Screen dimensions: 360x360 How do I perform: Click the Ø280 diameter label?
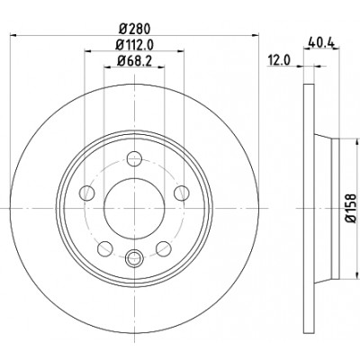click(134, 29)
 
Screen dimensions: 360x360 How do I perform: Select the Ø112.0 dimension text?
click(135, 46)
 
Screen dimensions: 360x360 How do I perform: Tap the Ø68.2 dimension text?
click(134, 61)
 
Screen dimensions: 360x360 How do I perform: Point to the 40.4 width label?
click(321, 42)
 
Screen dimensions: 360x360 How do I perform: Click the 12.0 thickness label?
click(279, 60)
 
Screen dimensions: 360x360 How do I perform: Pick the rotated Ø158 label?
click(350, 208)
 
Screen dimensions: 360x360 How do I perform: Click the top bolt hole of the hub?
click(134, 158)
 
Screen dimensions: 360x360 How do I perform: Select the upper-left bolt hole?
click(87, 193)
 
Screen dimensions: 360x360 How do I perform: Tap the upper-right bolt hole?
click(182, 193)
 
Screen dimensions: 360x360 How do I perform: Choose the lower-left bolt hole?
click(105, 248)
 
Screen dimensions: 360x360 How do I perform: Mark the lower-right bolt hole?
click(164, 248)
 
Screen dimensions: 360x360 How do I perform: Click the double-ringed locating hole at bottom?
click(134, 257)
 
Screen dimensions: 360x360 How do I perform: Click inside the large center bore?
click(134, 208)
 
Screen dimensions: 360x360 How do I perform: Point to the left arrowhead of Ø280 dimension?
click(13, 35)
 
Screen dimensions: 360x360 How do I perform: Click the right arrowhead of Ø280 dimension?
click(255, 35)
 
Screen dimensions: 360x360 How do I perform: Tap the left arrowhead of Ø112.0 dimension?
click(88, 51)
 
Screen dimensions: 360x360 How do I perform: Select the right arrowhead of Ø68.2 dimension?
click(161, 67)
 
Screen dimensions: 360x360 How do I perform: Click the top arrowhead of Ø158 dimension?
click(357, 142)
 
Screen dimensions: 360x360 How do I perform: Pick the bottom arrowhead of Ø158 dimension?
click(357, 274)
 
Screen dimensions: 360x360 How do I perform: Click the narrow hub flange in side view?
click(336, 208)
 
